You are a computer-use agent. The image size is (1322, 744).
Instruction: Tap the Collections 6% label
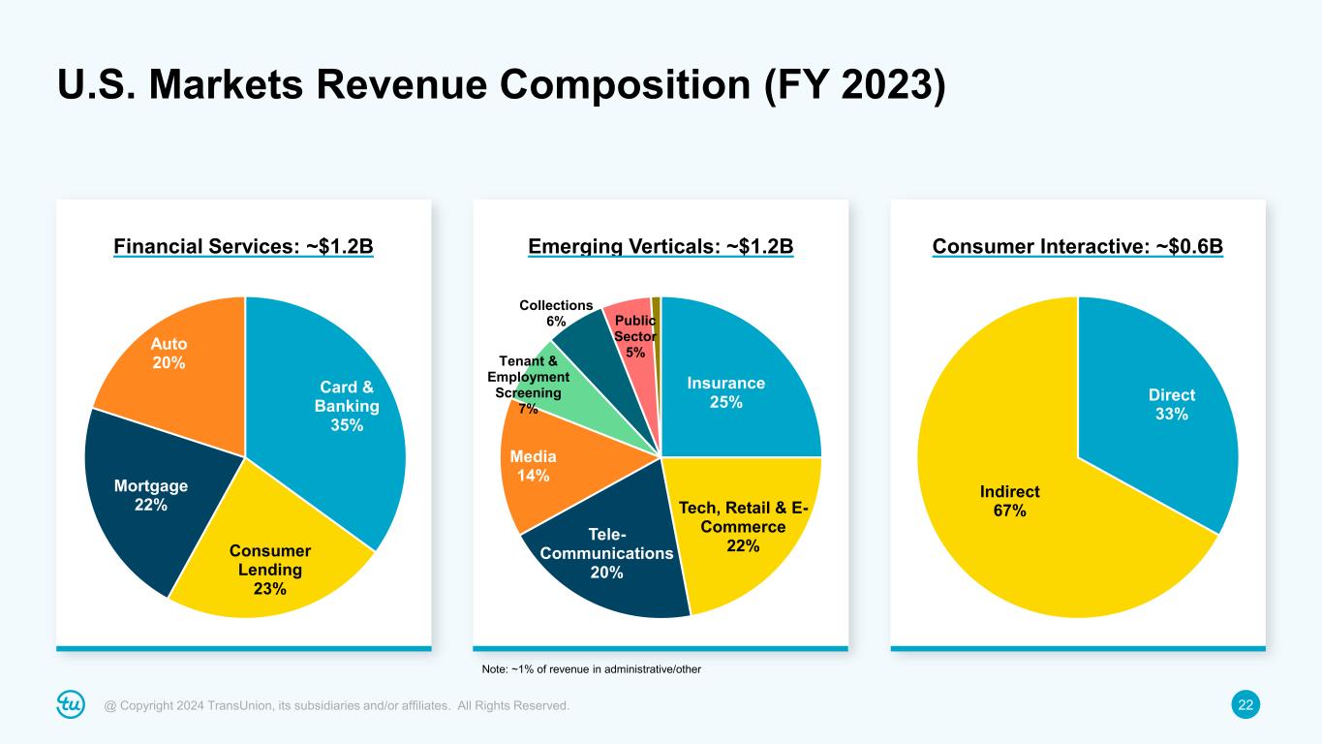[x=556, y=313]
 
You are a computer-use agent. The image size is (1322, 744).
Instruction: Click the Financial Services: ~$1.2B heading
[x=244, y=248]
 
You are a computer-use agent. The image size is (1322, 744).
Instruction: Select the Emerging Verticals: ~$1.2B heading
[x=661, y=248]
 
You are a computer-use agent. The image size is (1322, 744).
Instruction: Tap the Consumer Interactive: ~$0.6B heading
[x=1078, y=248]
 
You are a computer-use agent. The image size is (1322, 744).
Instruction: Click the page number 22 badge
[x=1246, y=706]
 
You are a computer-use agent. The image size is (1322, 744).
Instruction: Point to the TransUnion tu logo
[x=72, y=705]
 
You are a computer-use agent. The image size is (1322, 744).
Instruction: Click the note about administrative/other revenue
[x=591, y=669]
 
